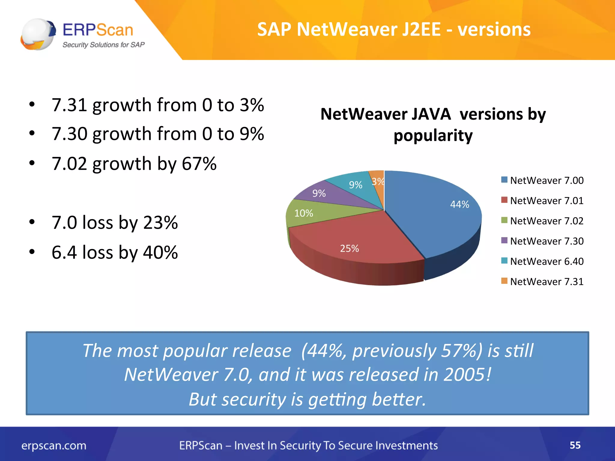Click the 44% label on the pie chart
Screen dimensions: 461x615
pos(459,204)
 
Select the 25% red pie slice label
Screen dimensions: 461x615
pos(349,249)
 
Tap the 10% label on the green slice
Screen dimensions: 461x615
pos(304,213)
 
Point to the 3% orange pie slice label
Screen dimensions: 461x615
pos(378,182)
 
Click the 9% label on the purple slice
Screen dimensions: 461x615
pos(319,193)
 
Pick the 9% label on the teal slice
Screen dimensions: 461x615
pos(356,185)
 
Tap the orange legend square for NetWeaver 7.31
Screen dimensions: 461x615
pos(504,281)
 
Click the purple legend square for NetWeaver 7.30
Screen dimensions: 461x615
pos(504,240)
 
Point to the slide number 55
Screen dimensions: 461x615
pos(575,445)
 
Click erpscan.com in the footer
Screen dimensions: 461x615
pos(54,446)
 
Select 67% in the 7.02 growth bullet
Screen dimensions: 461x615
pos(199,164)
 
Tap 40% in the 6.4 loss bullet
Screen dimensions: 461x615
pos(160,252)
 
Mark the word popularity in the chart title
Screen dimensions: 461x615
pos(433,136)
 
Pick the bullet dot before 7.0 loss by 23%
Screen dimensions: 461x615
pos(32,222)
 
